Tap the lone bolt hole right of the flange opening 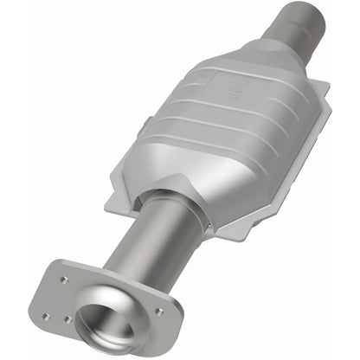pos(157,309)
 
